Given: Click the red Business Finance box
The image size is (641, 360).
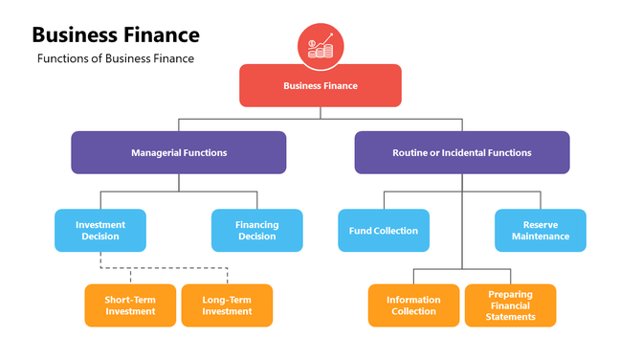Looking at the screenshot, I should (320, 85).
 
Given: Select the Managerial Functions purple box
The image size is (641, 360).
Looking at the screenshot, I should (178, 152).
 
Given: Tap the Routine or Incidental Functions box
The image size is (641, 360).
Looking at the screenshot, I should (461, 152).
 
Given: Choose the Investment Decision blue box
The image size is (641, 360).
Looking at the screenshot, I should (99, 231).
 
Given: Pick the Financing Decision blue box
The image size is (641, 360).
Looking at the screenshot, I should (256, 231).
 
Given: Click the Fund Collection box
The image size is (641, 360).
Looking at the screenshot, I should (384, 231).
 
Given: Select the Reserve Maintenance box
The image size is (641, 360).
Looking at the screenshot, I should (540, 231).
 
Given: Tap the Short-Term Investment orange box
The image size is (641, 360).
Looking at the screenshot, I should (130, 305).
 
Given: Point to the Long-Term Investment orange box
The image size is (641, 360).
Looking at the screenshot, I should (227, 305).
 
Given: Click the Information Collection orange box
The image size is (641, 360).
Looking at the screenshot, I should (413, 305).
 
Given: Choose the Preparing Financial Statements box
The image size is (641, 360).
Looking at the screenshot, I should (510, 305).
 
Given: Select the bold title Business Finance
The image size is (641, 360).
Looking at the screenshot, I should (116, 35).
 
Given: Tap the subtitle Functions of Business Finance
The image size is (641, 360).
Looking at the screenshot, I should (116, 58).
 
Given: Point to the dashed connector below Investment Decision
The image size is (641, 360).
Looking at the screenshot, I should (164, 267).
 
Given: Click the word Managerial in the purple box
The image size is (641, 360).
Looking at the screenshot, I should (155, 152).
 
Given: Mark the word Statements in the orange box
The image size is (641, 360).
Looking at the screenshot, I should (511, 317).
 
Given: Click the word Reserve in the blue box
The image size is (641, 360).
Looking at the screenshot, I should (540, 225).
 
